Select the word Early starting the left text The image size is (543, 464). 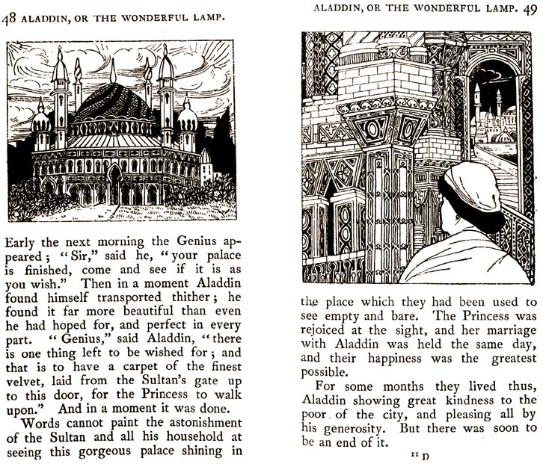click(x=26, y=242)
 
